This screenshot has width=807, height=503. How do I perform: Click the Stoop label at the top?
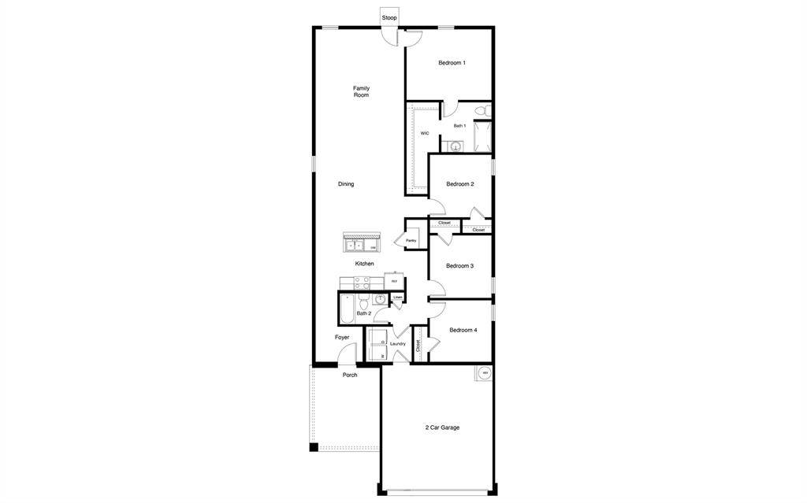[x=389, y=17]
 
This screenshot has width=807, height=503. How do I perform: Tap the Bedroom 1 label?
[x=452, y=63]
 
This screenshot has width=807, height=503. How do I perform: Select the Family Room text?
[x=361, y=91]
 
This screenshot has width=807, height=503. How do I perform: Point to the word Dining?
[x=346, y=184]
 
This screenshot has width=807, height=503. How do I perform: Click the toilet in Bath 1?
[x=487, y=110]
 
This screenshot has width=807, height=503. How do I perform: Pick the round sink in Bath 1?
[x=455, y=146]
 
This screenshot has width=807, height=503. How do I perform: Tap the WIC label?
[x=425, y=134]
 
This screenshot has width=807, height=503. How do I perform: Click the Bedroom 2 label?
[x=459, y=184]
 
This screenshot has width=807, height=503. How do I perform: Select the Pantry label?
[x=411, y=241]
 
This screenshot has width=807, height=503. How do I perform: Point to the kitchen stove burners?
[x=363, y=282]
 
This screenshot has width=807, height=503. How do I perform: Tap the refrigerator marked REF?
[x=395, y=281]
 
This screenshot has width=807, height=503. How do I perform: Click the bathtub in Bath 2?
[x=345, y=312]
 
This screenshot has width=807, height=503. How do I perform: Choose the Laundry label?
[x=398, y=343]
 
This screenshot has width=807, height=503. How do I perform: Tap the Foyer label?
[x=342, y=337]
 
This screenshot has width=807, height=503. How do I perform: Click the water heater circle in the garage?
[x=485, y=373]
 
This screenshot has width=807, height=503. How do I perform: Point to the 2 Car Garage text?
[x=442, y=427]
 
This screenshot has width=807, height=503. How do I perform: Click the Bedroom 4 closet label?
[x=418, y=345]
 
